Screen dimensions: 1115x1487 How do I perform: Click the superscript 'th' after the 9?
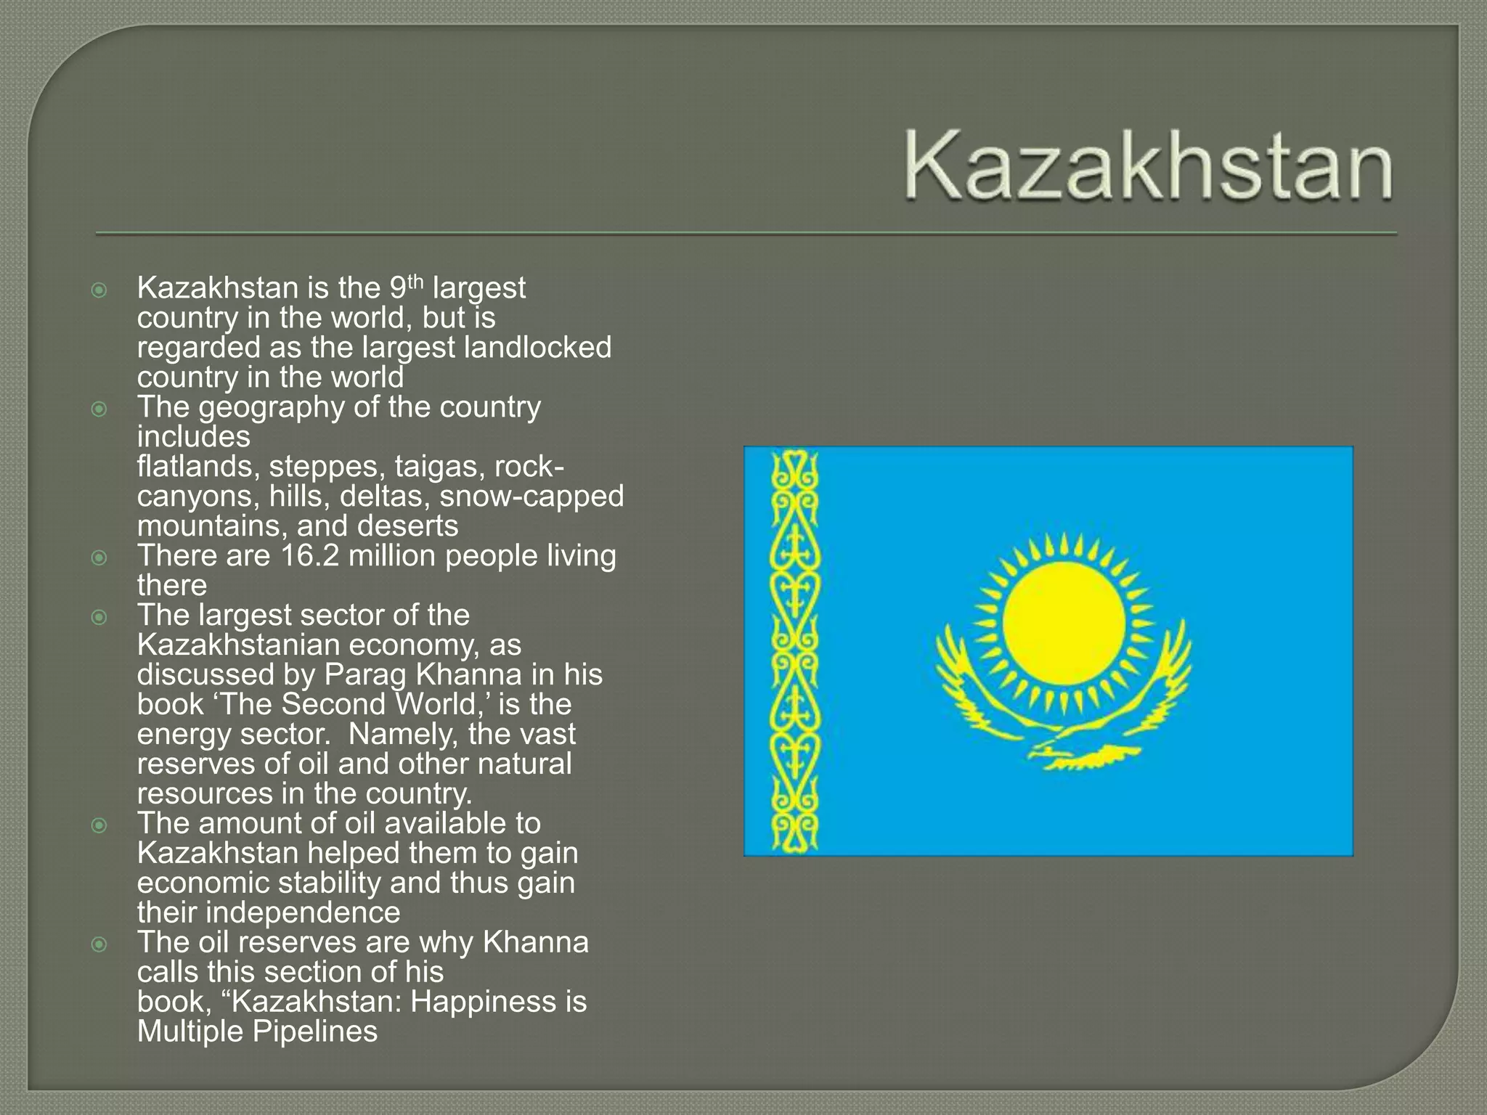click(415, 282)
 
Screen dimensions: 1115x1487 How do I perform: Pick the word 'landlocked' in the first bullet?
click(537, 347)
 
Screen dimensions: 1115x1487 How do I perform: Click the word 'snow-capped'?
click(531, 497)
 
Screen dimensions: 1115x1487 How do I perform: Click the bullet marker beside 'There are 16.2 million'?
click(99, 557)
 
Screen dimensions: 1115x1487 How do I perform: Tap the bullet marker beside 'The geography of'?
click(99, 409)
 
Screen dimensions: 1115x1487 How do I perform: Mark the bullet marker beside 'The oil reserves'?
click(99, 944)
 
